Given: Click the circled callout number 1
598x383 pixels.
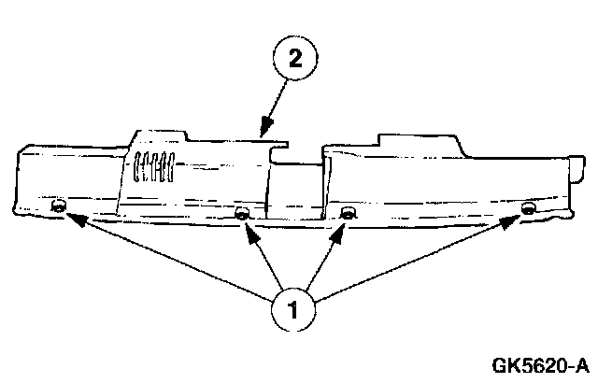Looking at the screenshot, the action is click(294, 308).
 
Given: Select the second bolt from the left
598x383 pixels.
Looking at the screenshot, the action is click(242, 216).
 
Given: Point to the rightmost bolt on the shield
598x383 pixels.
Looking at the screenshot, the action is click(528, 207).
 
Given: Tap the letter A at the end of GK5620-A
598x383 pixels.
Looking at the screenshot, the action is click(582, 364).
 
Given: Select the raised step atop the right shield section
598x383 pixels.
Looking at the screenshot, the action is click(416, 140).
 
